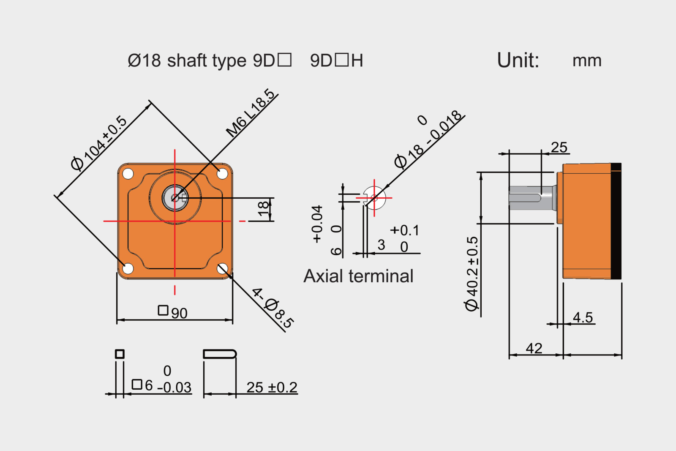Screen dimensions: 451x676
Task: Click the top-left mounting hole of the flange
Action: (128, 174)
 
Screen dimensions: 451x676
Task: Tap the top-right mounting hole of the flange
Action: (222, 173)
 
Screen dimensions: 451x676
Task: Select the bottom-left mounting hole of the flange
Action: (128, 268)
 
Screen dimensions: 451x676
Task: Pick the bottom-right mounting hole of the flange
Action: (222, 268)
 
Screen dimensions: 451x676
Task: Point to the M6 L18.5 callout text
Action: (251, 113)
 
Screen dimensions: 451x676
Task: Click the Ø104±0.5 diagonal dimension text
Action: (99, 144)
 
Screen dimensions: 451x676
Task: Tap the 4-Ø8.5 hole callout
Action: (273, 308)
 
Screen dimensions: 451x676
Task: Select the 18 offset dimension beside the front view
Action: (263, 209)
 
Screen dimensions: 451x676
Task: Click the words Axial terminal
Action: (358, 276)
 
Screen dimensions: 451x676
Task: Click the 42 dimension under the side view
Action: (534, 348)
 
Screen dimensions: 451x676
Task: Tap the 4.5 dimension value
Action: (583, 317)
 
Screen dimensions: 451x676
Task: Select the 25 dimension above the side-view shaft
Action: (559, 147)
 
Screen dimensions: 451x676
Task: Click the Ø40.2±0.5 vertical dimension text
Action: (472, 274)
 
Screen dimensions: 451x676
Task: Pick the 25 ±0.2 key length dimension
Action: (272, 387)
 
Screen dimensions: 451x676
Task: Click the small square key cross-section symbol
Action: (120, 354)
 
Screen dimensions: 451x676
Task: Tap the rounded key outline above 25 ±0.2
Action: (219, 354)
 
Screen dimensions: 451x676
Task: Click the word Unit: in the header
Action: (518, 60)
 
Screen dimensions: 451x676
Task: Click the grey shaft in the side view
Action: (532, 198)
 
